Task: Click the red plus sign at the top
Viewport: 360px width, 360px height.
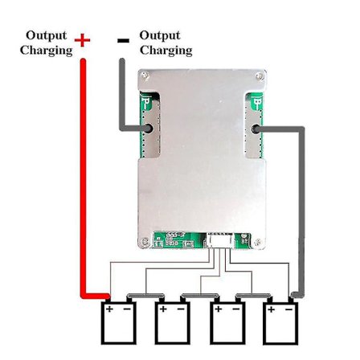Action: point(82,40)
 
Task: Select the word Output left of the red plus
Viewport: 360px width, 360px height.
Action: point(47,35)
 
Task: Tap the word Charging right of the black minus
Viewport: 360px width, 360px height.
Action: point(166,50)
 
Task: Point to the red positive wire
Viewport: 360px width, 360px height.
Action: point(82,177)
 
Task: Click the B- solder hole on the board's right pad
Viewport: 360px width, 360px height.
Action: point(256,129)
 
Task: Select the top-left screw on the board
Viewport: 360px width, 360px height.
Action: point(144,76)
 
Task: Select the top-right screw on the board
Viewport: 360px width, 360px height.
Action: point(260,76)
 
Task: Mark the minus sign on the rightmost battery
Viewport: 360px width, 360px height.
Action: point(288,309)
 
